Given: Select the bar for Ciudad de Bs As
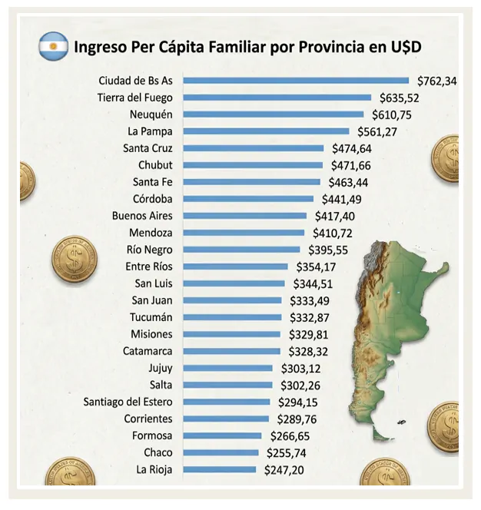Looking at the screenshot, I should pos(297,81).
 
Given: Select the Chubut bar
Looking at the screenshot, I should pos(254,165).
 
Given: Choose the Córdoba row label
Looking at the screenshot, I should pos(152,199).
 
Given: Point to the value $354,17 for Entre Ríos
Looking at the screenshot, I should pos(316,267).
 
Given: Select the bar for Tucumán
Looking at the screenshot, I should pos(233,317).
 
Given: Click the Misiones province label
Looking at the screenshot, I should pos(151,334).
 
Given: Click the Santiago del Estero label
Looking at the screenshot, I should pos(128,402).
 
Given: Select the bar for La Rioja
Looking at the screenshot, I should pos(220,469).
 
